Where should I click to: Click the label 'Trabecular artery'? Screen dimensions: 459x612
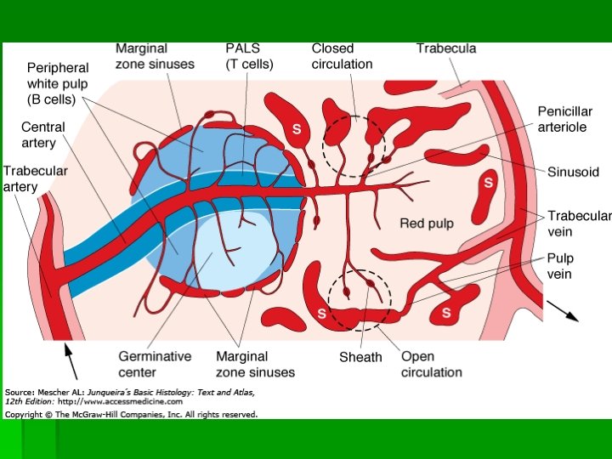coord(35,178)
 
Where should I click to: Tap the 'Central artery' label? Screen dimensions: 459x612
coord(42,134)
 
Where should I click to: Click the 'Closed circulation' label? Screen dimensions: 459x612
coord(342,56)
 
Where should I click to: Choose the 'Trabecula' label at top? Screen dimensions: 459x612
coord(445,48)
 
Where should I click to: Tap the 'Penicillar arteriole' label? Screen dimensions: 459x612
coord(564,119)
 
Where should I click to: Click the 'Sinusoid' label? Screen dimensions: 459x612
coord(573,172)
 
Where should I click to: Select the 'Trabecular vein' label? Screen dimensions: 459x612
coord(579,224)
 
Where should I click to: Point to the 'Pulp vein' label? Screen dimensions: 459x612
coord(560,266)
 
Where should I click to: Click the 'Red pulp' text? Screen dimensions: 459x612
coord(427,224)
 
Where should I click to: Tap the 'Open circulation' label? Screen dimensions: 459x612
coord(431,364)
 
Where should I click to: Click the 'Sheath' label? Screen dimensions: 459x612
coord(360,358)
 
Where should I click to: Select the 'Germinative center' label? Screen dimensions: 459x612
coord(155,364)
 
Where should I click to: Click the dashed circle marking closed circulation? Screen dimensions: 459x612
coord(353,146)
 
